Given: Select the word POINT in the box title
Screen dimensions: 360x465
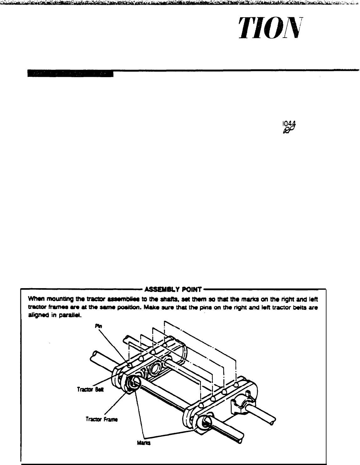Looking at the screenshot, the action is pos(193,288).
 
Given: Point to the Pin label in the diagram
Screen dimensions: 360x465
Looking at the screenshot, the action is pos(97,326).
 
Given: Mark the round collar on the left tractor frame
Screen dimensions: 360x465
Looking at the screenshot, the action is pos(132,383).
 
